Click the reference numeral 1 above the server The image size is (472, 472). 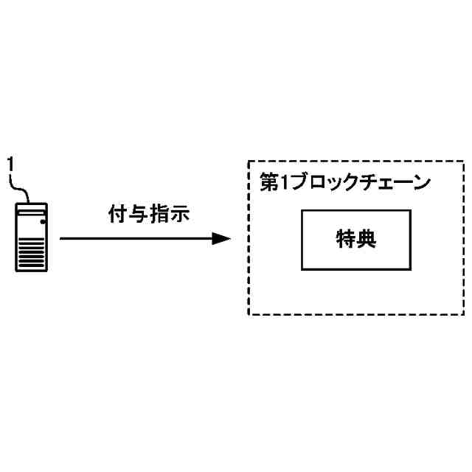click(10, 162)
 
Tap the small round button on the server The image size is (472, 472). click(42, 221)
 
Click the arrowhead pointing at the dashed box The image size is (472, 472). click(221, 239)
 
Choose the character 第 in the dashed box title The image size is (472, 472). click(270, 182)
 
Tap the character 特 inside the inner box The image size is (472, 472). click(344, 240)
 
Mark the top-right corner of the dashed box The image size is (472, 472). click(464, 161)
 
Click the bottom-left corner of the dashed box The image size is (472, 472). click(249, 315)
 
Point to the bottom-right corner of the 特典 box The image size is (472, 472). click(409, 269)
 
